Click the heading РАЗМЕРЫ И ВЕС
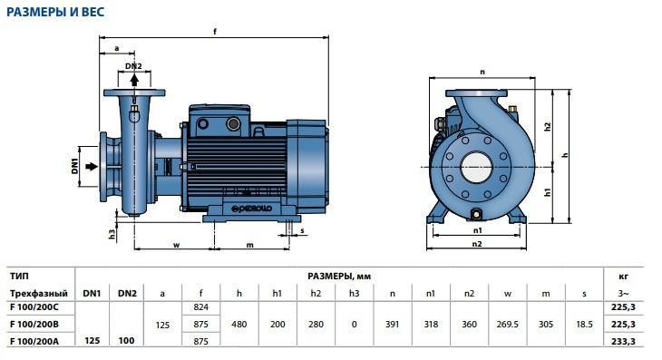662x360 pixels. [x=55, y=12]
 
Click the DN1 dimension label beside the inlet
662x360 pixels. [x=75, y=166]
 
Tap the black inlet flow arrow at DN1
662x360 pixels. [x=92, y=167]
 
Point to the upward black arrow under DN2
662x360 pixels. [x=134, y=80]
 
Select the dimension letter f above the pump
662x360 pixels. [x=215, y=32]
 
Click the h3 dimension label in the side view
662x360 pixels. [x=112, y=234]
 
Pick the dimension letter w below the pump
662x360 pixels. [x=177, y=245]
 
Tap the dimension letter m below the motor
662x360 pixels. [x=250, y=245]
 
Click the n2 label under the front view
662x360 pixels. [x=477, y=244]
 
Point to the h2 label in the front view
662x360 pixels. [x=548, y=127]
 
